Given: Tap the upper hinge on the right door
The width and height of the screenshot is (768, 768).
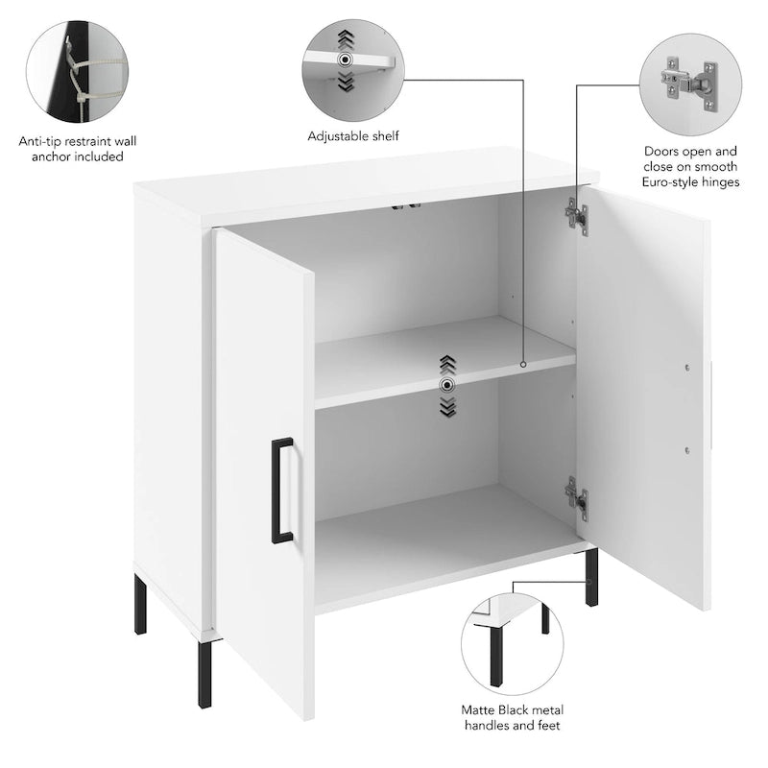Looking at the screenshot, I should pyautogui.click(x=576, y=217).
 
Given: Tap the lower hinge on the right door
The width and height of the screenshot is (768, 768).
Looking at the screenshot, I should pyautogui.click(x=576, y=495).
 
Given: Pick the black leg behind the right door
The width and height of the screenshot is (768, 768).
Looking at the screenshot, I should pyautogui.click(x=591, y=576).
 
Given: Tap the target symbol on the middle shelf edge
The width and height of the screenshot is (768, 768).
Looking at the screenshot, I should pyautogui.click(x=446, y=384).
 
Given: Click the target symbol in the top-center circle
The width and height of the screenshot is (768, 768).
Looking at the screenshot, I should pyautogui.click(x=345, y=59).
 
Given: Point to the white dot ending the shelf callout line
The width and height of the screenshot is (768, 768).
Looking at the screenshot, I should pyautogui.click(x=522, y=365).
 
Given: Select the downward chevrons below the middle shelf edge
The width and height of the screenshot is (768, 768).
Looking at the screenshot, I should pyautogui.click(x=446, y=407).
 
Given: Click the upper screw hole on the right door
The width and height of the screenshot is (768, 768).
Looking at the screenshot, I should pyautogui.click(x=688, y=368).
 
